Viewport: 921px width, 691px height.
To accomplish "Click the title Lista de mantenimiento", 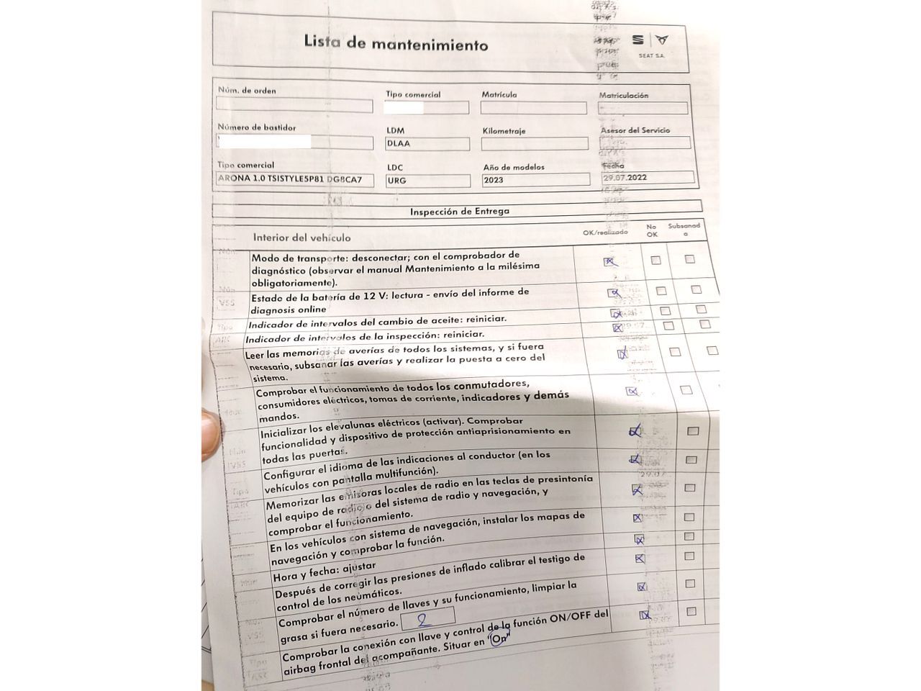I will coord(396,43).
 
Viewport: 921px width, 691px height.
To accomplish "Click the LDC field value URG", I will coord(396,181).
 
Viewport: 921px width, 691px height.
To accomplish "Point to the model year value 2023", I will coord(496,181).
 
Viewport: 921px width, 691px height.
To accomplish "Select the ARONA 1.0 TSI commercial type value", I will coord(295,179).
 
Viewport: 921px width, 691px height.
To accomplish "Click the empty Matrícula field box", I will coord(533,108).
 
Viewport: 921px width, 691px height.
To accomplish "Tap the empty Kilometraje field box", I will coord(533,144).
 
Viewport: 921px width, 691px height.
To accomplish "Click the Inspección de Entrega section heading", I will coord(459,212).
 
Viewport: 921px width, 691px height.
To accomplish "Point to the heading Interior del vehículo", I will coord(301,238).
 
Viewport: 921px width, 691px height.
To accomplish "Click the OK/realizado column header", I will coord(605,232).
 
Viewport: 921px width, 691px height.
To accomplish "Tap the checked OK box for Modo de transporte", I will coord(611,262).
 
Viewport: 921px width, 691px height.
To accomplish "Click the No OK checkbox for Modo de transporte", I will coord(655,261).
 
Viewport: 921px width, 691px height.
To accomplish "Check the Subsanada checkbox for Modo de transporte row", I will coord(690,259).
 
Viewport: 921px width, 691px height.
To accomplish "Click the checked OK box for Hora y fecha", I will coord(640,559).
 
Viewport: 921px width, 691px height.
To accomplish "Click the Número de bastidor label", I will coord(257,127).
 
